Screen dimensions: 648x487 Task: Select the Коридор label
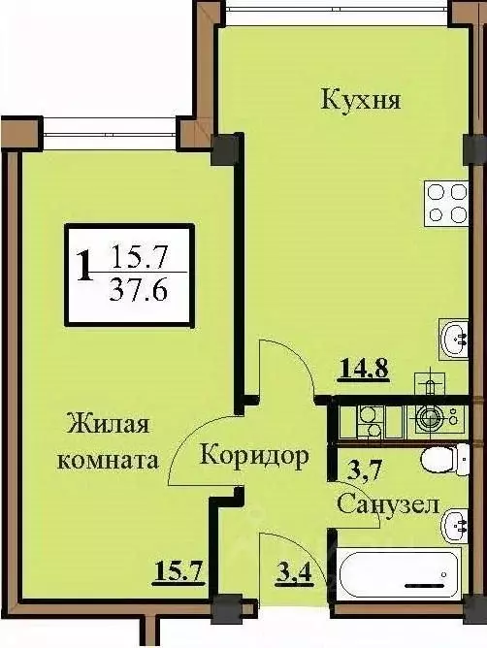point(255,454)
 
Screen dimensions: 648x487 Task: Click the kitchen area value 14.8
point(364,369)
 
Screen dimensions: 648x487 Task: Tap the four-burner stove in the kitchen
point(446,204)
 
